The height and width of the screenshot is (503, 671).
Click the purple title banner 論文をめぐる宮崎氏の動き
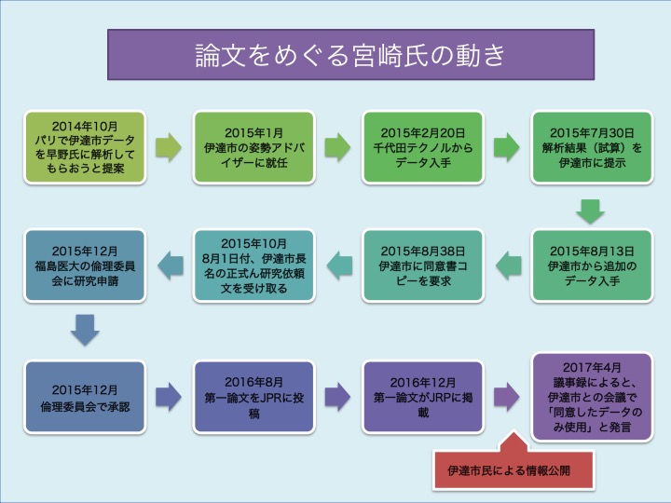350,54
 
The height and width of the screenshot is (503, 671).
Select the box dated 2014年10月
85,147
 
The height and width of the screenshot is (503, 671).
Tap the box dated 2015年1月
253,147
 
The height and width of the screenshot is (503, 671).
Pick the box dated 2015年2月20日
423,147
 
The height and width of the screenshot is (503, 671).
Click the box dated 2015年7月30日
592,147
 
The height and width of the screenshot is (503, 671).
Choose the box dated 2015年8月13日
592,265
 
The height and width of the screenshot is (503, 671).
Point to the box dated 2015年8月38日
423,265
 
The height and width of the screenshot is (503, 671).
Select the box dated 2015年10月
253,265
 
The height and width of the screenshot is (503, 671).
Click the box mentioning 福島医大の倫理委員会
85,265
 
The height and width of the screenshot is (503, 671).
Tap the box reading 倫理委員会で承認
85,398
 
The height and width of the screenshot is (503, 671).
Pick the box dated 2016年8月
253,398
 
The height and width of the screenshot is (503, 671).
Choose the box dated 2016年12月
423,398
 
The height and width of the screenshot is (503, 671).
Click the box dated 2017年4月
592,397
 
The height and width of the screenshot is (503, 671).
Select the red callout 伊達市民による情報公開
514,463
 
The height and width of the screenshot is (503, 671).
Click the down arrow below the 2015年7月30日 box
590,211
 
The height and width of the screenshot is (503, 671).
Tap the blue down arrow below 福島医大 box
85,330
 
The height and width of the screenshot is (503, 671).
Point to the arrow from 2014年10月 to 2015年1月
168,147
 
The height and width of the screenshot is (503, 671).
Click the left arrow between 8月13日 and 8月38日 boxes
509,265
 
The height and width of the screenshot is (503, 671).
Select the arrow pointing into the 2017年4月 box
507,397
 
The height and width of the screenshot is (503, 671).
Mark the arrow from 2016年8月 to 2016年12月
337,397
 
